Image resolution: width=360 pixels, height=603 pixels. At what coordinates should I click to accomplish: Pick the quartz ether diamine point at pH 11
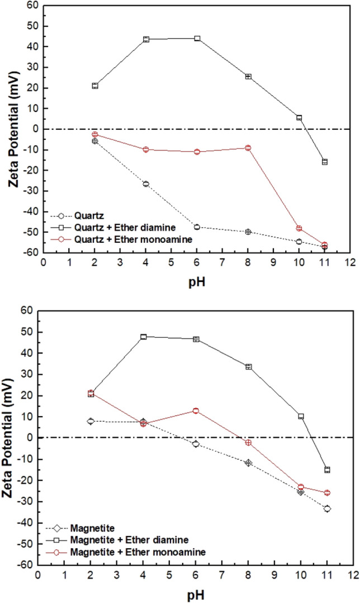coord(324,162)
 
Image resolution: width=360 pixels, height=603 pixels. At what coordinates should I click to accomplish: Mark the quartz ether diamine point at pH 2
coord(95,86)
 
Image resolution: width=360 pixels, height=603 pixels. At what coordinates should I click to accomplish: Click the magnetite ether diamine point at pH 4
coord(144,337)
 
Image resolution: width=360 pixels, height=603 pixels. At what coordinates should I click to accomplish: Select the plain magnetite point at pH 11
coord(327,508)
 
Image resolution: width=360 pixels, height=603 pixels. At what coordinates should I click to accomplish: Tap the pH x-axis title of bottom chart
coord(196,595)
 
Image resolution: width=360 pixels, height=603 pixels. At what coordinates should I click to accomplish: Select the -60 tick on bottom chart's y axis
coord(26,565)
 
